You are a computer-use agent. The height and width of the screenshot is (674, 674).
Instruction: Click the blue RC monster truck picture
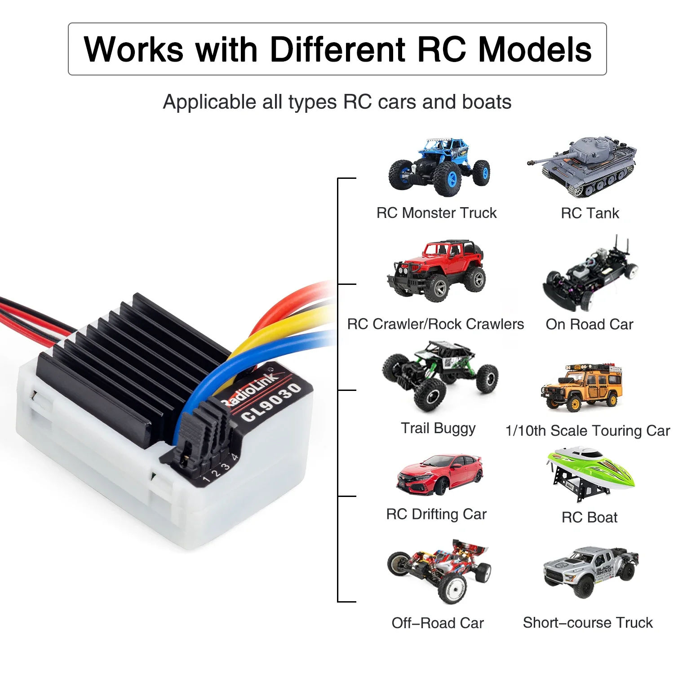point(439,167)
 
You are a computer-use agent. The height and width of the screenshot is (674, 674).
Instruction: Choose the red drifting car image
point(439,474)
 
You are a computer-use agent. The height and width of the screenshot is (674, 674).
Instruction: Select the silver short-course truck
point(590,572)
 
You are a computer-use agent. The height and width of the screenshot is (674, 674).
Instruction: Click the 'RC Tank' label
point(590,213)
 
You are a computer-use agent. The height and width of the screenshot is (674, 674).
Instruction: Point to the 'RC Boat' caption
point(590,518)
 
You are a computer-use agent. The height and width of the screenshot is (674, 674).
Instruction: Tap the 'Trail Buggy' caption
point(438,428)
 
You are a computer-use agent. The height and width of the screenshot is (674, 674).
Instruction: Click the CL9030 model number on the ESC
point(271,403)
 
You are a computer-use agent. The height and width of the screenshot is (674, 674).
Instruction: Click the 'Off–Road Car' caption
point(438,623)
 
